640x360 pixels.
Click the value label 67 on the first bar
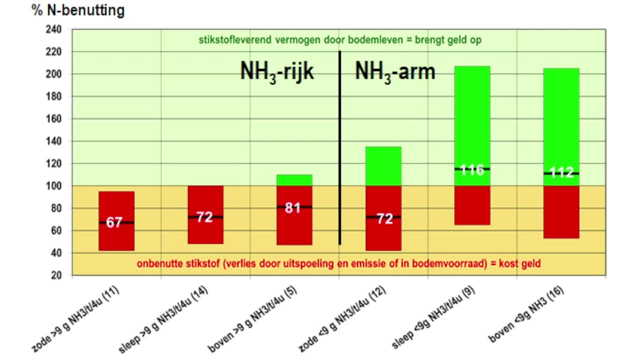[114, 222]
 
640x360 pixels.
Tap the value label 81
[292, 207]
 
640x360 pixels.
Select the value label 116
[472, 170]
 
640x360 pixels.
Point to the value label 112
[561, 173]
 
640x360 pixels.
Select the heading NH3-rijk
[277, 71]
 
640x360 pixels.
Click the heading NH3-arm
[395, 71]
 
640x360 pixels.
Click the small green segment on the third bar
[294, 180]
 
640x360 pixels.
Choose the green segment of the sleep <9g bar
[472, 115]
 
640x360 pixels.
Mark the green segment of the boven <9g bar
[561, 115]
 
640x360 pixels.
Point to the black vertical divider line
[340, 150]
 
